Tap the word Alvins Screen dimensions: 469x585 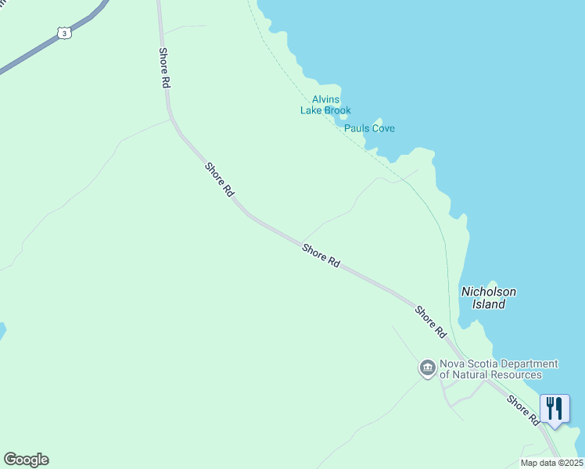[326, 99]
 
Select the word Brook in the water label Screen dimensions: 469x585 [338, 110]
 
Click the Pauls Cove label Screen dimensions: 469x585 [369, 128]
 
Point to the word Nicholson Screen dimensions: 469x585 [489, 292]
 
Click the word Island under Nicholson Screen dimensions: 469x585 [489, 304]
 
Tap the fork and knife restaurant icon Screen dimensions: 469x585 [554, 408]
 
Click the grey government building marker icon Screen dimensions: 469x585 [427, 368]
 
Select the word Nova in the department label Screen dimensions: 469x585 [453, 363]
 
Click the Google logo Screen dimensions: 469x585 [26, 460]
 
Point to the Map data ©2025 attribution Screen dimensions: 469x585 [551, 463]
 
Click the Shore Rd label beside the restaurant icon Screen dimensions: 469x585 [522, 410]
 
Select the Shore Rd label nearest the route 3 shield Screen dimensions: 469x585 [164, 67]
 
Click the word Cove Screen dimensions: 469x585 [382, 128]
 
